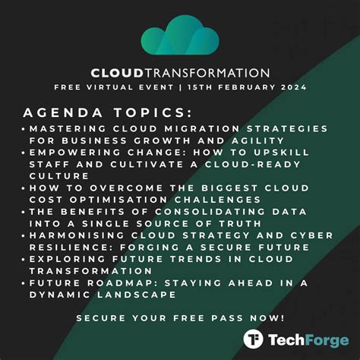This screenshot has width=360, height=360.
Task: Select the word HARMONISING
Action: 77,235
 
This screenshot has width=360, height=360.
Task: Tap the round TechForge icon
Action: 253,339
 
